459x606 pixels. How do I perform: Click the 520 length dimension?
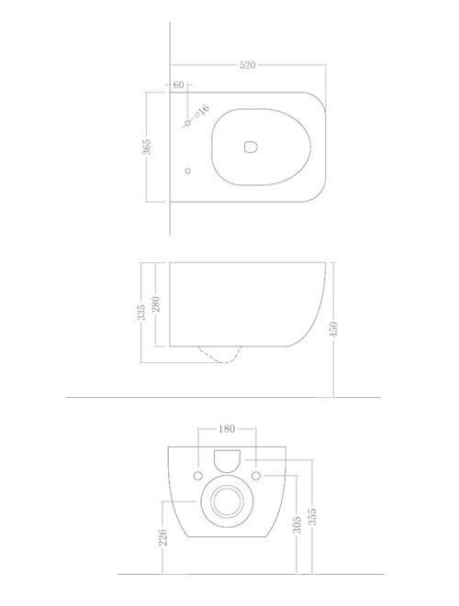(248, 66)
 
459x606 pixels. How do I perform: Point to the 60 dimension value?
(178, 85)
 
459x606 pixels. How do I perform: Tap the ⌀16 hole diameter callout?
(202, 111)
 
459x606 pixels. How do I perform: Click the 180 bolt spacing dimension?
(227, 427)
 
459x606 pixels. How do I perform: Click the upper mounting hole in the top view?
(187, 121)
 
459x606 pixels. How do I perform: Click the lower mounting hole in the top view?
(187, 171)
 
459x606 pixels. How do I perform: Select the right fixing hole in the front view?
(256, 475)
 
